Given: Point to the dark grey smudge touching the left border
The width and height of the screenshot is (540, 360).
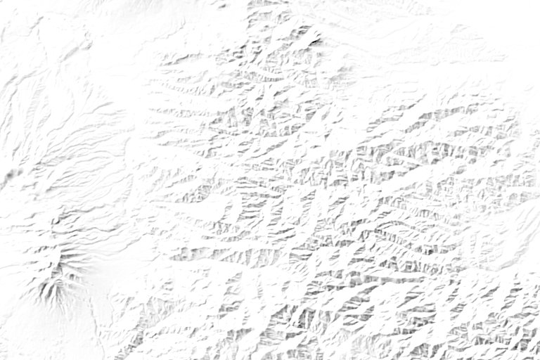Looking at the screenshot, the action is coord(7,176).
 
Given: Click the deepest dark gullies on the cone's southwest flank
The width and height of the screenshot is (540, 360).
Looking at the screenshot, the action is coord(48,295).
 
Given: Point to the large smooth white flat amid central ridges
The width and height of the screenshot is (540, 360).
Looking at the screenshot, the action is coord(211,211).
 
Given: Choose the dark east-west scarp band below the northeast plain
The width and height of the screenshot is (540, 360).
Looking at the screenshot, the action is coord(450,112).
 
